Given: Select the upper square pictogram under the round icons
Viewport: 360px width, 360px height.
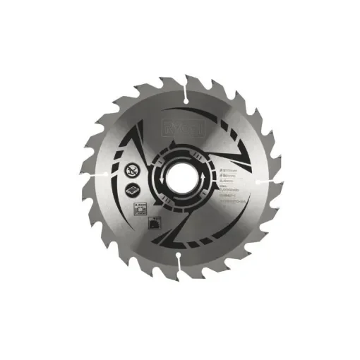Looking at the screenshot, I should [139, 205].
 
